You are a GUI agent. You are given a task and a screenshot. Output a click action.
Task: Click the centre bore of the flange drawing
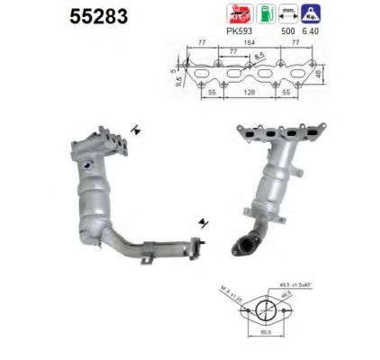point(263,310)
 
